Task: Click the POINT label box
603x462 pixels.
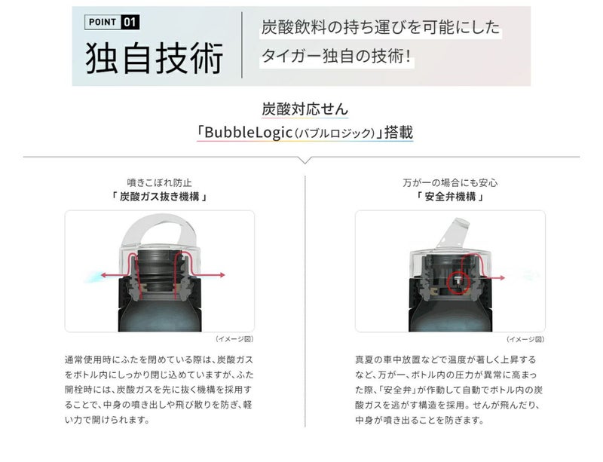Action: [x=103, y=22]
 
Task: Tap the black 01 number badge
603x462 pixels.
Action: [x=130, y=22]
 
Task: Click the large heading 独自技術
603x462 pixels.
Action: [x=155, y=58]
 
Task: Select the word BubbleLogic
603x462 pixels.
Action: [x=249, y=133]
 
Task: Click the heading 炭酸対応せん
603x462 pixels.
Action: [x=305, y=109]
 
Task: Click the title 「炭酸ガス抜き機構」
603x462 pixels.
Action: [x=159, y=197]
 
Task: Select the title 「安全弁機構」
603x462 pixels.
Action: [x=450, y=197]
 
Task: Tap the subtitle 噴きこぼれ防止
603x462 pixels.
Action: [x=159, y=182]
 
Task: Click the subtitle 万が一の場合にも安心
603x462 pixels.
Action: [x=450, y=182]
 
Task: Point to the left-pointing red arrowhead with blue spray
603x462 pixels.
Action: [x=104, y=275]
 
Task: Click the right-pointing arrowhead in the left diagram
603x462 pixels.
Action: [x=222, y=275]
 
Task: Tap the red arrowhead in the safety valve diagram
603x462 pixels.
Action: [x=502, y=278]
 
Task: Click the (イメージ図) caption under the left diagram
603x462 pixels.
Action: [x=234, y=339]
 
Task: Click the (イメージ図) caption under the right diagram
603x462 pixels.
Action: [x=525, y=339]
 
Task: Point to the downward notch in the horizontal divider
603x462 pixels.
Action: [x=305, y=161]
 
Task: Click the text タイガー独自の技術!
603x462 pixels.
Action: [x=336, y=57]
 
